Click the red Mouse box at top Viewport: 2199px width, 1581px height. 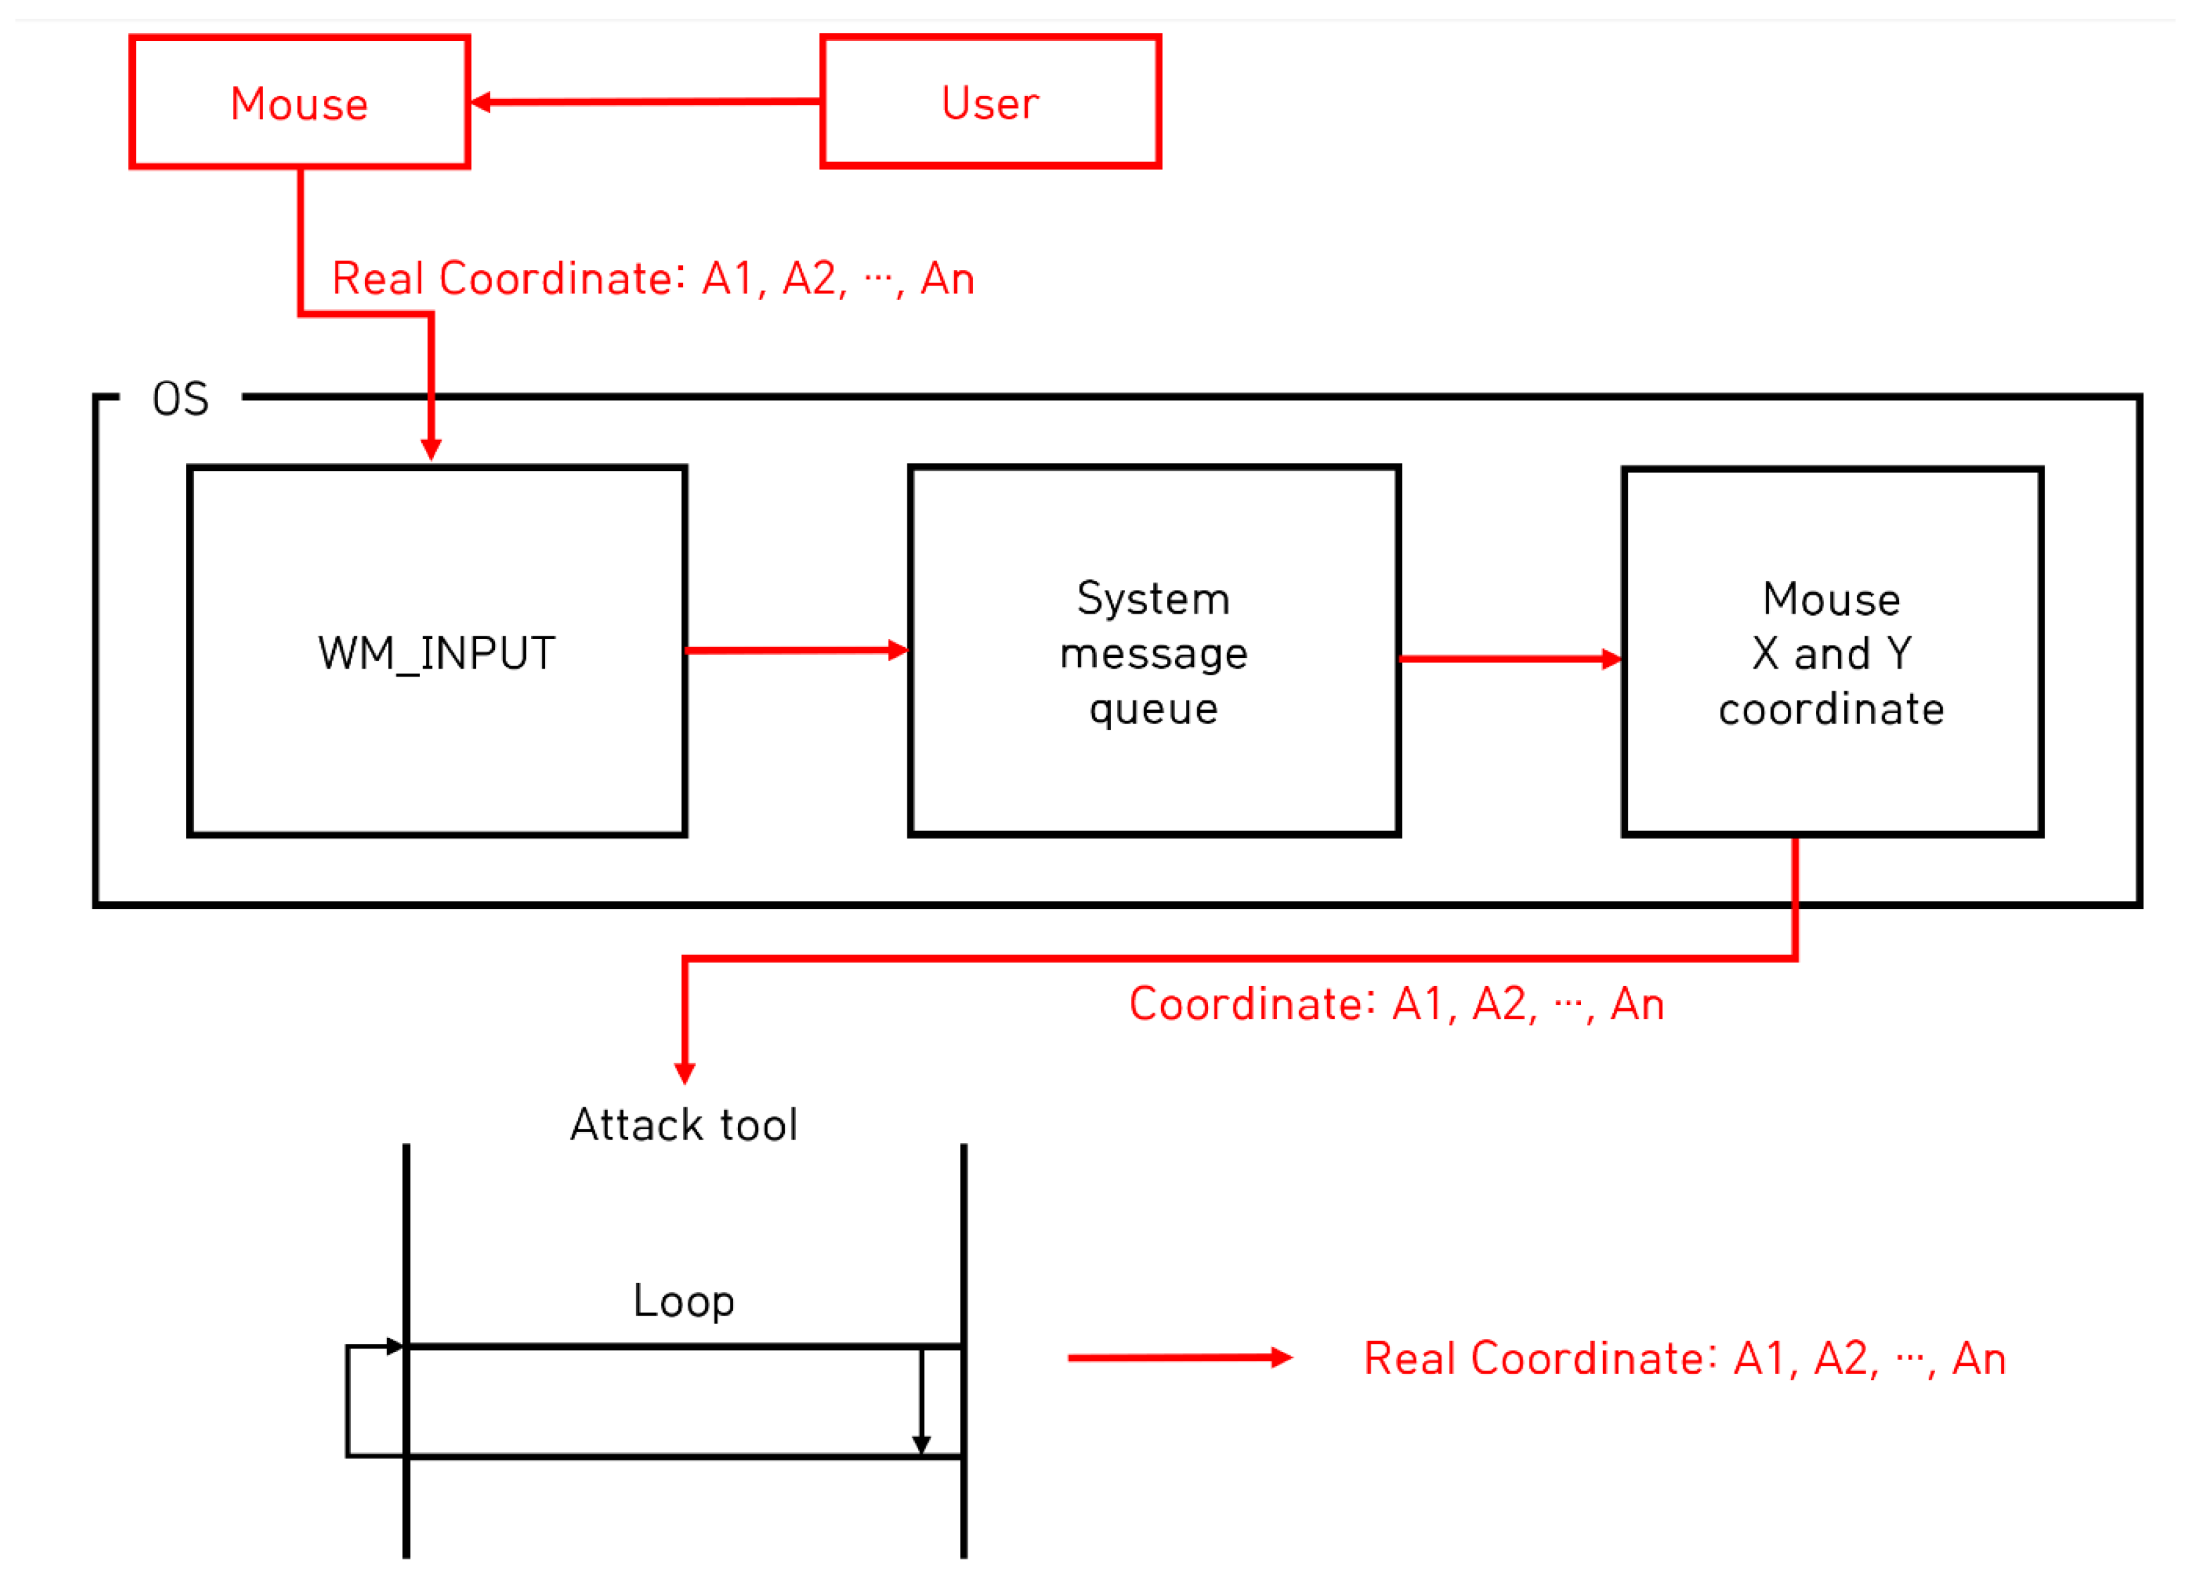(x=299, y=102)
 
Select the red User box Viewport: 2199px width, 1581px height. (x=990, y=102)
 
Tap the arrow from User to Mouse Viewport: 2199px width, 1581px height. (x=645, y=102)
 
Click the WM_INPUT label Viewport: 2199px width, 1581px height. (x=437, y=652)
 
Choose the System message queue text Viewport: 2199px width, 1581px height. (x=1153, y=652)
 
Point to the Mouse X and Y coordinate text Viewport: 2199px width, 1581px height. (x=1831, y=652)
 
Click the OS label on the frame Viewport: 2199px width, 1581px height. (x=180, y=399)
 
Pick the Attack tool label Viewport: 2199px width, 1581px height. (x=684, y=1125)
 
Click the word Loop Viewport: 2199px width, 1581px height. (x=684, y=1301)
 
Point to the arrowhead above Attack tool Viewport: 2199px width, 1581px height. (x=684, y=1073)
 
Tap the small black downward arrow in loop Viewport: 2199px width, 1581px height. (x=921, y=1443)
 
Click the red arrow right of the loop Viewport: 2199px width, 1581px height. (x=1179, y=1358)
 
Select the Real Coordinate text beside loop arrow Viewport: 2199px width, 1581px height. (x=1684, y=1358)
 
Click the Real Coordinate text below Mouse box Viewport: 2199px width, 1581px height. (x=652, y=279)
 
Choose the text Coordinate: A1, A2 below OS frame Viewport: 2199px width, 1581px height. (x=1396, y=1004)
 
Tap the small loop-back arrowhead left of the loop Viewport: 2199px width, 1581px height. (x=394, y=1347)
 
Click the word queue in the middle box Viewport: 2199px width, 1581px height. (x=1153, y=709)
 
